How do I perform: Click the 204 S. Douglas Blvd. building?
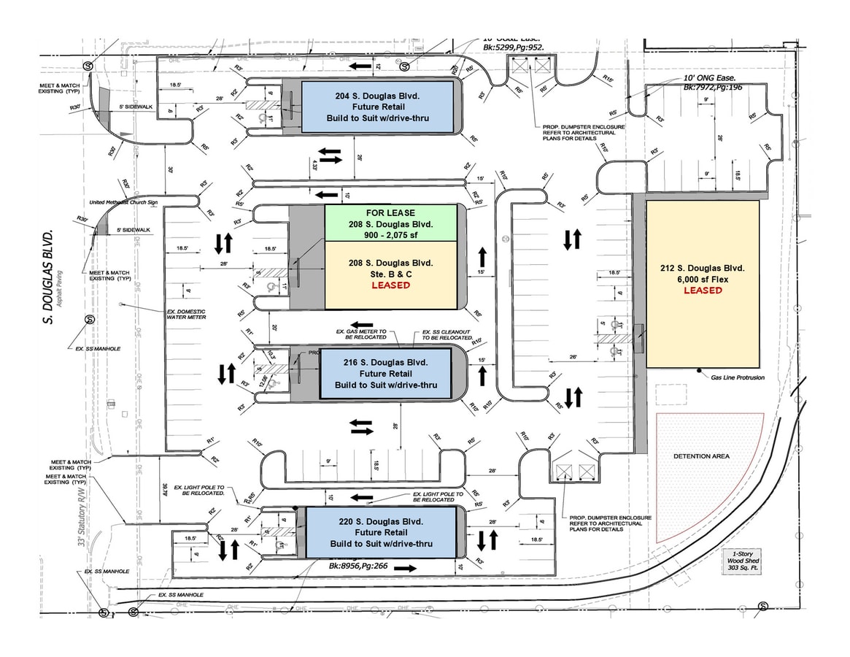point(377,107)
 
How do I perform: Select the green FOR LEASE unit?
point(390,223)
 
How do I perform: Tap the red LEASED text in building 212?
point(703,291)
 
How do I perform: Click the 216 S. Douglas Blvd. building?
point(386,373)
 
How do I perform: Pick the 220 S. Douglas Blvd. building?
point(381,533)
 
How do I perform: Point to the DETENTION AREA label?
point(701,456)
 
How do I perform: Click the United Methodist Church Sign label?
point(123,201)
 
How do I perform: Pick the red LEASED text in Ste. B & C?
point(390,285)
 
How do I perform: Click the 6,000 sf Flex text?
point(703,279)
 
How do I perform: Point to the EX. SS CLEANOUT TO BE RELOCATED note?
point(447,337)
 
